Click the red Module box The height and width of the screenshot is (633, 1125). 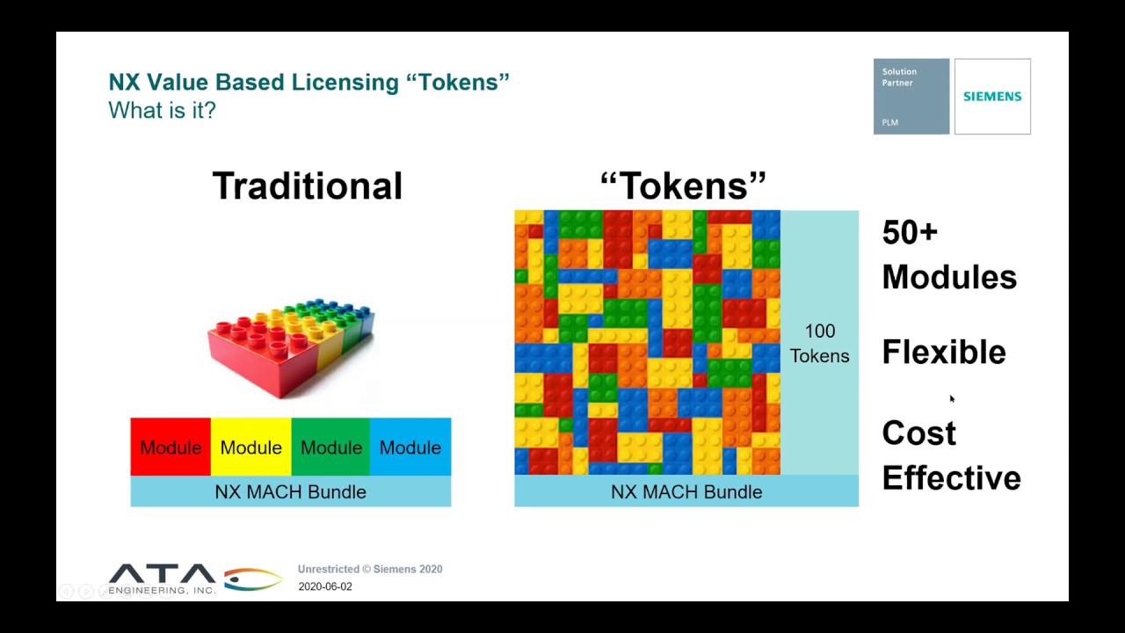pyautogui.click(x=171, y=447)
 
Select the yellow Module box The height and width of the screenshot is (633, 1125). pyautogui.click(x=250, y=447)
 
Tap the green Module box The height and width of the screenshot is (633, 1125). pyautogui.click(x=330, y=447)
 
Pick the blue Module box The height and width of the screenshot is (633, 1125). pyautogui.click(x=410, y=447)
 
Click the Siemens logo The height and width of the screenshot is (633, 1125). pyautogui.click(x=992, y=97)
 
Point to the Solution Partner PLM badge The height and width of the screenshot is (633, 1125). pyautogui.click(x=911, y=97)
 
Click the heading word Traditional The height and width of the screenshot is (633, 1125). pyautogui.click(x=308, y=186)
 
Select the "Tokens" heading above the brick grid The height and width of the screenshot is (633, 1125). pyautogui.click(x=683, y=186)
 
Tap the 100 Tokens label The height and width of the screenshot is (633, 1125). pyautogui.click(x=819, y=344)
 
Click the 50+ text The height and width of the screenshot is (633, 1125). pyautogui.click(x=910, y=232)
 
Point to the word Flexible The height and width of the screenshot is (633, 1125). pyautogui.click(x=944, y=352)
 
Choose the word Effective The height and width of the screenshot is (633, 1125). pyautogui.click(x=951, y=478)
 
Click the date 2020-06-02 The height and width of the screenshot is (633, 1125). pyautogui.click(x=325, y=586)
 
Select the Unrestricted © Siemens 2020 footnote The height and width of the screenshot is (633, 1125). pyautogui.click(x=370, y=569)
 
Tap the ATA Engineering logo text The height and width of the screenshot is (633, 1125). pyautogui.click(x=162, y=579)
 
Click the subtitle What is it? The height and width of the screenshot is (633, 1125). pyautogui.click(x=162, y=111)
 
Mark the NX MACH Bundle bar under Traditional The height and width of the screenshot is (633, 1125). pyautogui.click(x=290, y=491)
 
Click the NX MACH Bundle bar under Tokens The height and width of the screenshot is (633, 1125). pyautogui.click(x=686, y=491)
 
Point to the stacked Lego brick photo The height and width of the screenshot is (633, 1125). pyautogui.click(x=290, y=347)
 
